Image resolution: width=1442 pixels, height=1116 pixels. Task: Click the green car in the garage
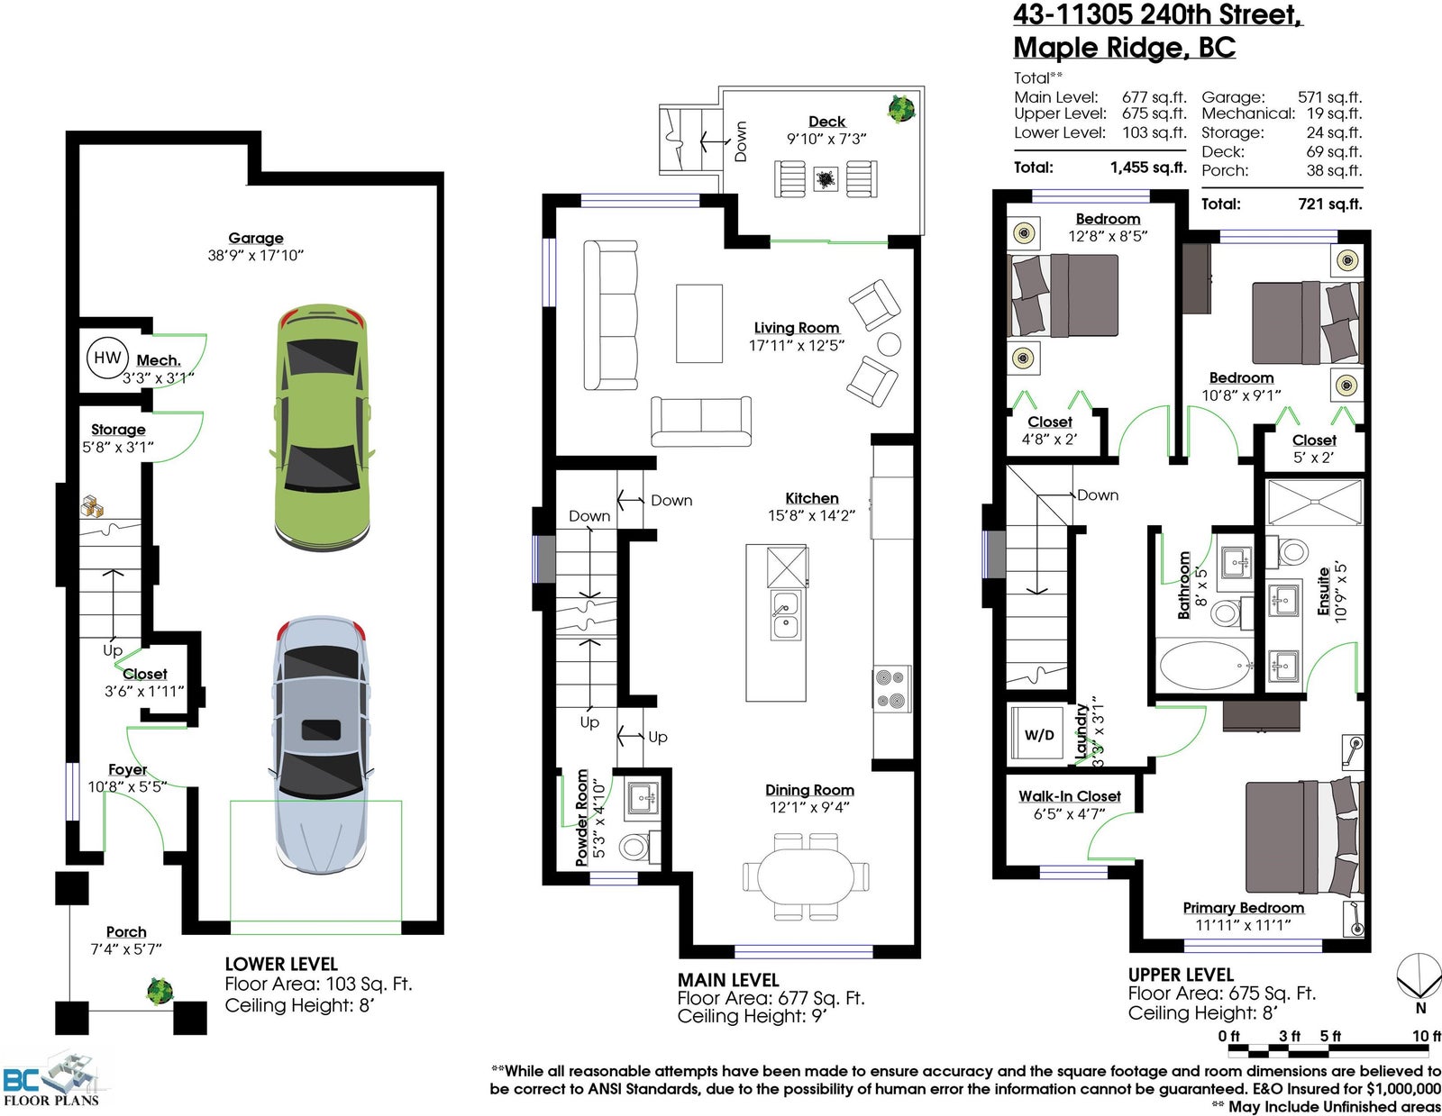click(322, 427)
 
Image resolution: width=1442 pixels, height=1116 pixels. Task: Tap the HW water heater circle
click(107, 358)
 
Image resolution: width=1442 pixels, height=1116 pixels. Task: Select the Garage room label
click(255, 238)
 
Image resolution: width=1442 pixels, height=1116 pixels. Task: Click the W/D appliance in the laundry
click(1038, 734)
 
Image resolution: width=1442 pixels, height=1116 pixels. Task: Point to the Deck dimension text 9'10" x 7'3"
click(826, 139)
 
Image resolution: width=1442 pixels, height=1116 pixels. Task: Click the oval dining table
click(806, 876)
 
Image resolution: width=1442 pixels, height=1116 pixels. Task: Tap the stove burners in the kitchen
click(891, 690)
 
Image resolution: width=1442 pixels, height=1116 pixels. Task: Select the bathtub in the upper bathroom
click(1204, 665)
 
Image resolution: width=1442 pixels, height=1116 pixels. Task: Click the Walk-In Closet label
click(1069, 796)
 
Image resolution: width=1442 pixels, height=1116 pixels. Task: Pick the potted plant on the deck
click(901, 108)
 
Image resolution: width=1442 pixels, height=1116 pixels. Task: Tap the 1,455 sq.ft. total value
click(1148, 168)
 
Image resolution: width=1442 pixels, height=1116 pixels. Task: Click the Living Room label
click(797, 328)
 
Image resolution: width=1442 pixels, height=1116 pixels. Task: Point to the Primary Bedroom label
click(1243, 908)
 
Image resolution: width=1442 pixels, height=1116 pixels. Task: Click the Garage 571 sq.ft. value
click(1329, 97)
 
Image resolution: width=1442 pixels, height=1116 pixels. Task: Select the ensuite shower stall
click(1314, 504)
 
